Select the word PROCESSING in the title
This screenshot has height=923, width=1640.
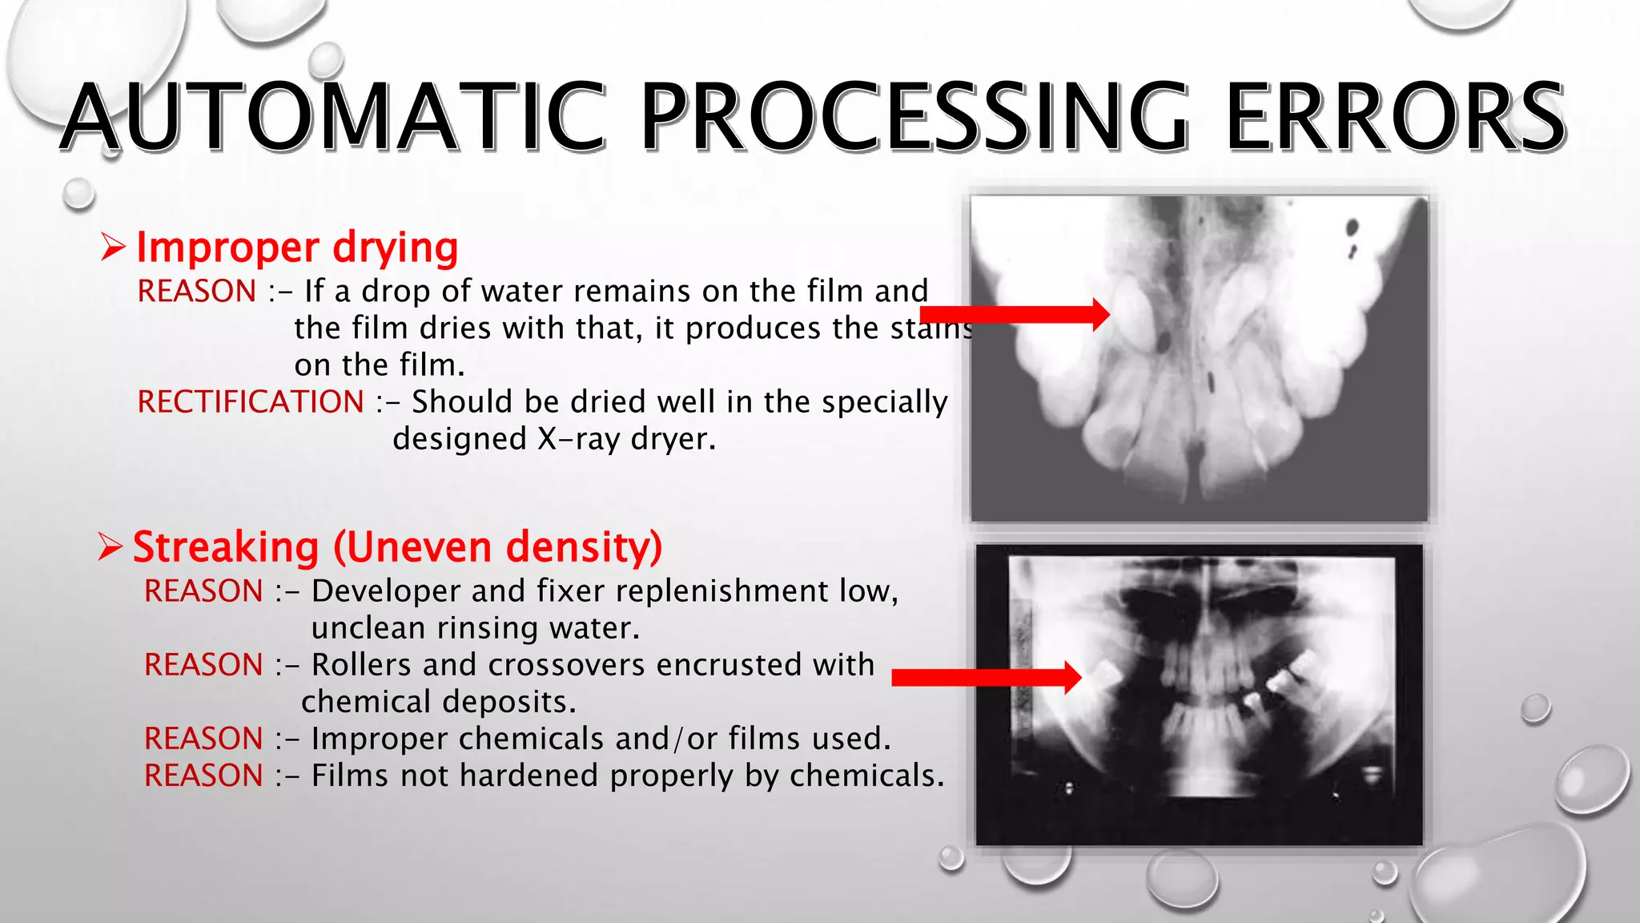click(914, 117)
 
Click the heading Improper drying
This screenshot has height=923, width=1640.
click(297, 247)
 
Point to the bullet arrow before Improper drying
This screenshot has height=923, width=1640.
click(113, 247)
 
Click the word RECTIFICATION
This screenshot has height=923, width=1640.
click(251, 401)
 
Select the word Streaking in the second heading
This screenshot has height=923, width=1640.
click(226, 547)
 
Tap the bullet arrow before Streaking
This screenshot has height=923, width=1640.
click(110, 547)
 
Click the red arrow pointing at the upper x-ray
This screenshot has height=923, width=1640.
click(1017, 314)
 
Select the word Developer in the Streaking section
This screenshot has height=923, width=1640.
click(385, 591)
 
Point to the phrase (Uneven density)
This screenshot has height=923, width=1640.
click(497, 547)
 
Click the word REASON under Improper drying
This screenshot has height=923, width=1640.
click(197, 291)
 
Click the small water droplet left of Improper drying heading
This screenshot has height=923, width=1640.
click(78, 193)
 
